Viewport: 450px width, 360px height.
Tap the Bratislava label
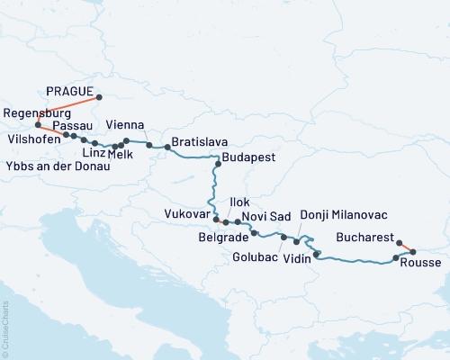(x=199, y=142)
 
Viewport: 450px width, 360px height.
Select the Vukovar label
(x=187, y=214)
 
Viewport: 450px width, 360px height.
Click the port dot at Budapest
(x=218, y=165)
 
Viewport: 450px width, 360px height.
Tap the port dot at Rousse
(x=413, y=252)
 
